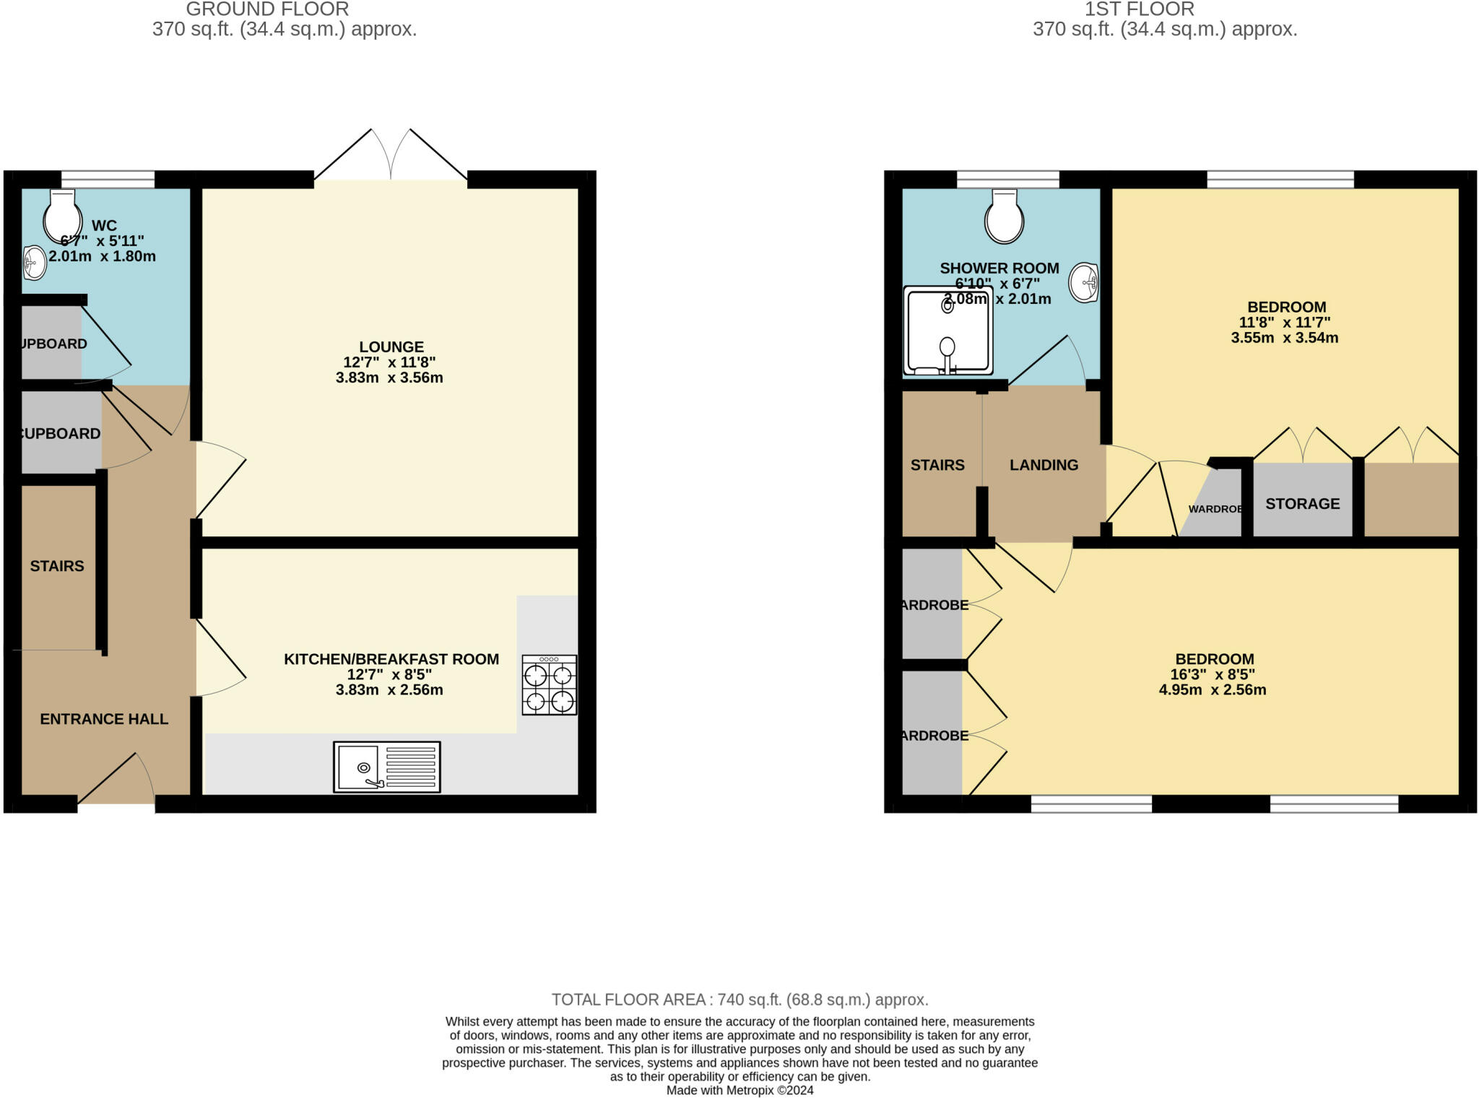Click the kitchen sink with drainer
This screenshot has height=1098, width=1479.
click(x=386, y=767)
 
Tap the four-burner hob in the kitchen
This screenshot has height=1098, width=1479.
click(x=549, y=685)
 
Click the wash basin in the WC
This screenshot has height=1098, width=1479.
click(x=34, y=263)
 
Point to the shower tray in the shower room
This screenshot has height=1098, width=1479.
click(x=947, y=331)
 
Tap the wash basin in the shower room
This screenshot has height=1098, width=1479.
click(x=1084, y=282)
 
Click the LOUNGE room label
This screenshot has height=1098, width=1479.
click(x=391, y=347)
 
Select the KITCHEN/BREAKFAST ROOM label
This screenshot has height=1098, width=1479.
click(x=391, y=659)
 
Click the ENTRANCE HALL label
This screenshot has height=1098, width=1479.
click(x=104, y=719)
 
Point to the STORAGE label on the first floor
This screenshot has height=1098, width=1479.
click(x=1302, y=504)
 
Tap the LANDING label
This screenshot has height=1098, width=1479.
click(x=1044, y=466)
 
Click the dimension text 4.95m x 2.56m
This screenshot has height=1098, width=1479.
click(x=1213, y=690)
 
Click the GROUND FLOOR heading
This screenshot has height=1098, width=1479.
click(x=267, y=9)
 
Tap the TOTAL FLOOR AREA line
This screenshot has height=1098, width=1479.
click(x=739, y=1000)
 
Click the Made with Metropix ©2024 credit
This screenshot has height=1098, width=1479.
click(x=739, y=1090)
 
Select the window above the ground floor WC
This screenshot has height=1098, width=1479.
click(x=108, y=179)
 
